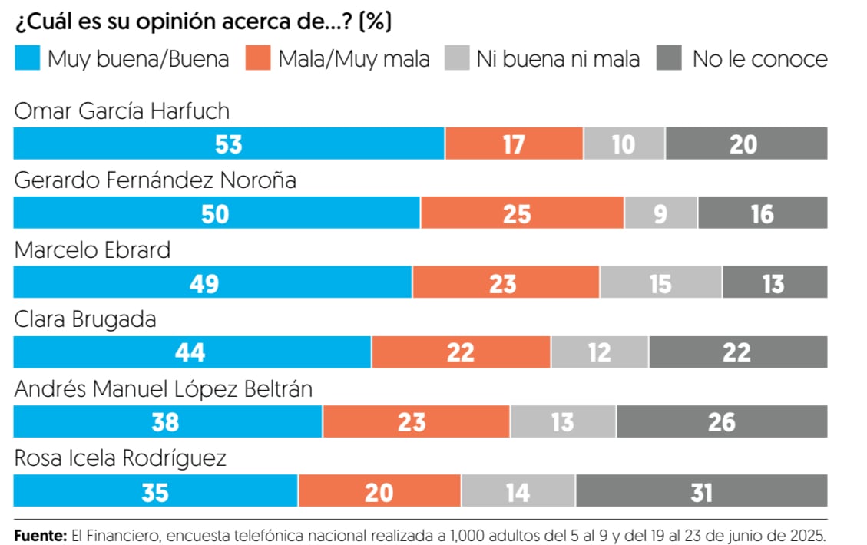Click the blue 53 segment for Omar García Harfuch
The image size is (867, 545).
click(x=229, y=144)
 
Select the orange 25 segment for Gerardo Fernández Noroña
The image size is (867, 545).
click(x=522, y=213)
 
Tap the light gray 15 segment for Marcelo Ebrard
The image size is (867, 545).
click(x=660, y=282)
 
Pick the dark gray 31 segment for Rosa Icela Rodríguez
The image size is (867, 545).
click(x=701, y=491)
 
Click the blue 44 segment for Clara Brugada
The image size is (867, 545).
click(x=192, y=352)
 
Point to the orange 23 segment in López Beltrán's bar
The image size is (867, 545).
click(x=415, y=421)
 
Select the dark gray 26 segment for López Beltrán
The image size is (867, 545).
click(x=721, y=421)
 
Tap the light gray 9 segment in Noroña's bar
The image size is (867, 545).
click(x=660, y=213)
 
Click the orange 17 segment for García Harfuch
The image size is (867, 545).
click(x=514, y=144)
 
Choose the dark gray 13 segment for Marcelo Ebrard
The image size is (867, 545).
click(x=774, y=282)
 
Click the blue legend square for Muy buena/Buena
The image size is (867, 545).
click(x=27, y=59)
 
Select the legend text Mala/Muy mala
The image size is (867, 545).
click(x=353, y=59)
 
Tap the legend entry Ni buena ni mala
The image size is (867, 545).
click(x=558, y=59)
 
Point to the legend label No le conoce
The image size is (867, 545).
click(x=759, y=59)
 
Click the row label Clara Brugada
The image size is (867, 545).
click(x=85, y=319)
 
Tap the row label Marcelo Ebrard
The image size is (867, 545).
click(x=92, y=250)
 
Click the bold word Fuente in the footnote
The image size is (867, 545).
click(x=40, y=535)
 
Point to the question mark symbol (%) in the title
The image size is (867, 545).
click(x=376, y=22)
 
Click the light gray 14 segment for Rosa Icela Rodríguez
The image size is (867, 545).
click(x=518, y=491)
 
